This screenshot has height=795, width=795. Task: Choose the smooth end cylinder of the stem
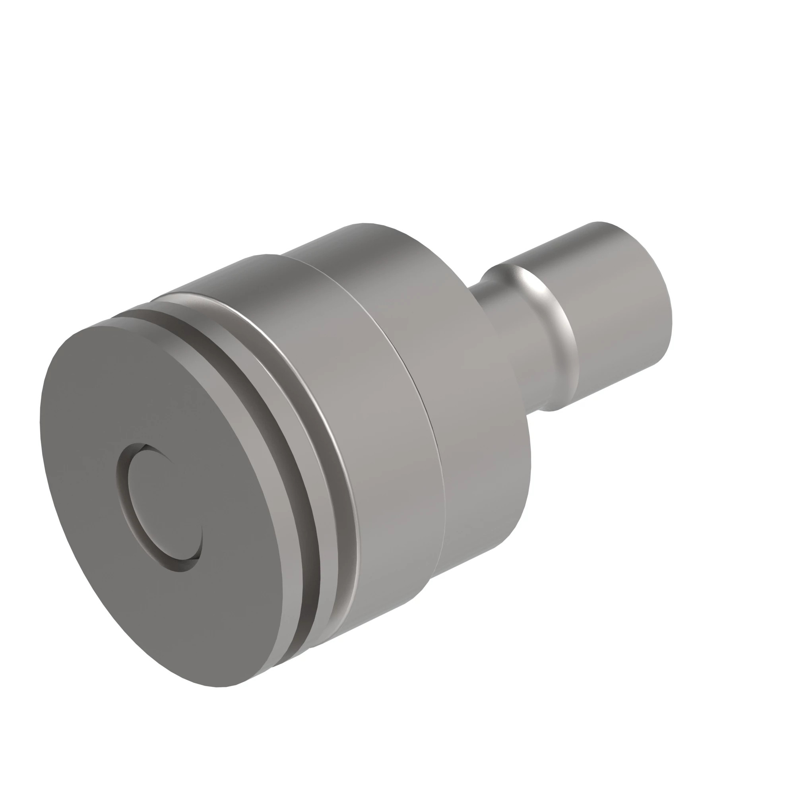click(x=617, y=313)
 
